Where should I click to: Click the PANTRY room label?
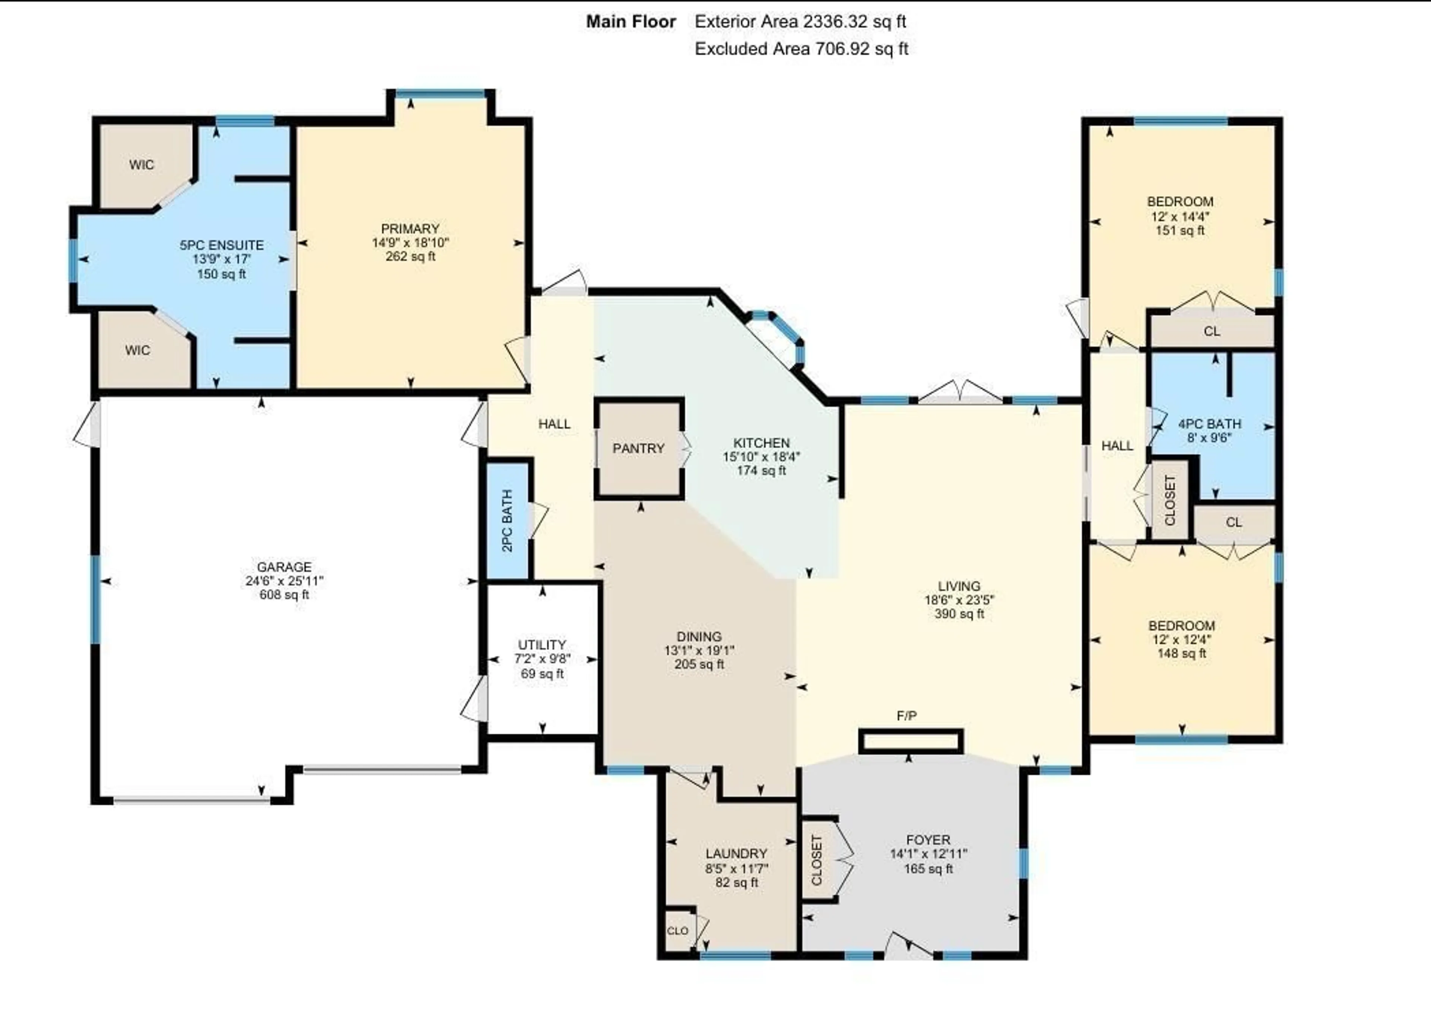638,448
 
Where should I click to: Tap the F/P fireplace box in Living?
910,742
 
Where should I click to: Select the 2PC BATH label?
507,521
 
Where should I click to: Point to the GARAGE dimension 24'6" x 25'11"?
284,581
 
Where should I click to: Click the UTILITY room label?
541,644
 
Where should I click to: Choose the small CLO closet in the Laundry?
677,931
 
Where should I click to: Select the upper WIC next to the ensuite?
142,165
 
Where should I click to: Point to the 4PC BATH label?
1209,424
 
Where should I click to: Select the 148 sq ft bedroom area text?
1182,653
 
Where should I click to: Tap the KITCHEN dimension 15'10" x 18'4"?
761,456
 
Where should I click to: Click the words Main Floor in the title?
631,22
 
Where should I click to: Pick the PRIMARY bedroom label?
410,229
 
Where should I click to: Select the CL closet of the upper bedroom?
1212,331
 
